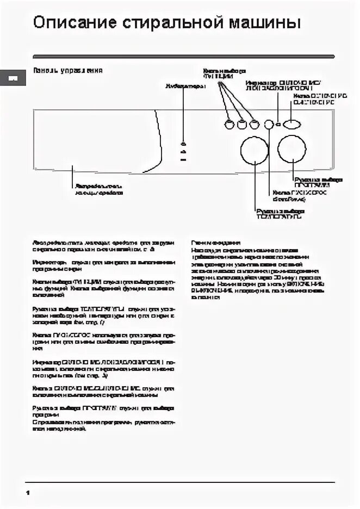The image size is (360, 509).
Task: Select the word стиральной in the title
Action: coord(166,23)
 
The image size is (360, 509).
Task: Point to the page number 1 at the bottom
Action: coord(27,492)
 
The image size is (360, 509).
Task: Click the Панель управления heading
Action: coord(68,71)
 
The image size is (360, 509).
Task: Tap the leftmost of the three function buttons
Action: coord(228,125)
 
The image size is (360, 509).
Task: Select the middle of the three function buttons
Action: coord(241,125)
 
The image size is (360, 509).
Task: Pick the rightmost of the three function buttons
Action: coord(254,125)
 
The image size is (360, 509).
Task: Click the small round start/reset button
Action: coord(269,125)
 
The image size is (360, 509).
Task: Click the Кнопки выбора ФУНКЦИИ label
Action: coord(224,73)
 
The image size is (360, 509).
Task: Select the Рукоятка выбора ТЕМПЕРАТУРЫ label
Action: coord(280,213)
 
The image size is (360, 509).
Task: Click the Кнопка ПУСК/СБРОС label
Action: coord(294,196)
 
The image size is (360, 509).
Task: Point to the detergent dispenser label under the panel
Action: coord(99,189)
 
